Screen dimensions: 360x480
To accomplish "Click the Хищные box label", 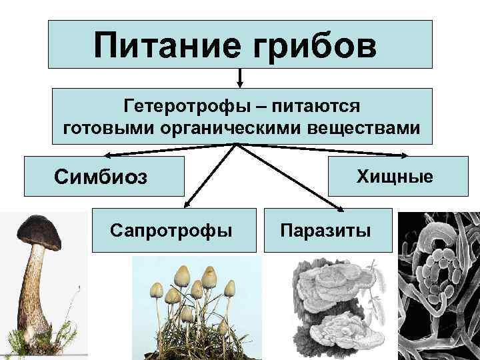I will coord(395,177).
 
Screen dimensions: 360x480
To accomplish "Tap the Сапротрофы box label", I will coord(171,231).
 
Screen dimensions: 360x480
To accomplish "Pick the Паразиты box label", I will coord(325,231).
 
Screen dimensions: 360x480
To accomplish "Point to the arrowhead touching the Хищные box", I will coord(405,155).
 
